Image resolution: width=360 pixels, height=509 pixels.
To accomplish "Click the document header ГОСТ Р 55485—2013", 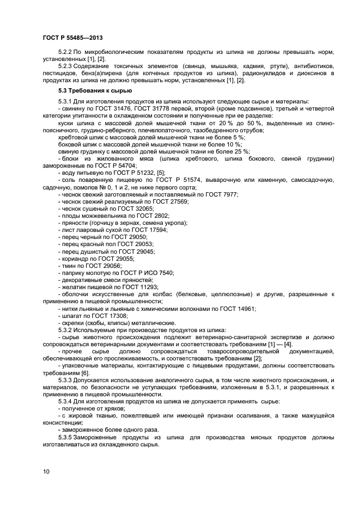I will click(x=72, y=37).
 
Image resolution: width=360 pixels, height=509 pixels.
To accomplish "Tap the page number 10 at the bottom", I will click(x=46, y=471).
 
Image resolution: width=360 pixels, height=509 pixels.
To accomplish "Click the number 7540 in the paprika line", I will click(x=164, y=272).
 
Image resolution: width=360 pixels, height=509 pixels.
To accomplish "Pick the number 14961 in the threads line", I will click(x=246, y=309).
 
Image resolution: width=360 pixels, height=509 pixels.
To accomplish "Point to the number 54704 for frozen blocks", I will click(x=126, y=165).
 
